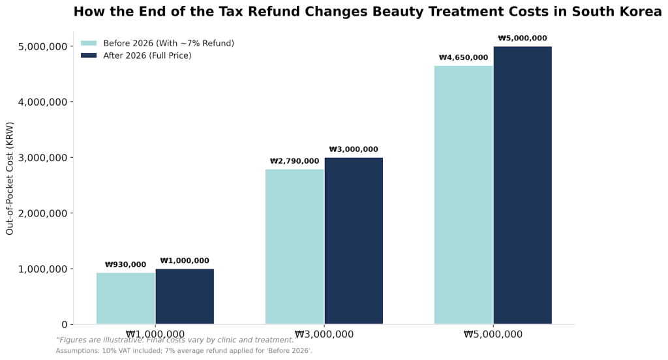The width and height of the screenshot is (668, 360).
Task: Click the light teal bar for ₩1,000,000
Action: click(x=125, y=298)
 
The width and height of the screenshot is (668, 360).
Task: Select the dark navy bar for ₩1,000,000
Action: click(x=185, y=296)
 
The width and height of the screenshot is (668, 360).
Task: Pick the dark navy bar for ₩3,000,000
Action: click(x=354, y=241)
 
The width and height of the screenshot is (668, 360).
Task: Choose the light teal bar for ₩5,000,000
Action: click(x=463, y=195)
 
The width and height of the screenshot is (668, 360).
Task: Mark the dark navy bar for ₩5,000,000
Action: click(x=523, y=185)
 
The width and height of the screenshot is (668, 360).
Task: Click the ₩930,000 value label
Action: click(x=125, y=265)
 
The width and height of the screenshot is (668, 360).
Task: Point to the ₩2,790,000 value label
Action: click(x=294, y=161)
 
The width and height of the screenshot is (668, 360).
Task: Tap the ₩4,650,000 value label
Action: click(x=463, y=57)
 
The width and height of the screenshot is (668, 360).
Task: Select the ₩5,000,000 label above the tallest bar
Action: click(x=523, y=38)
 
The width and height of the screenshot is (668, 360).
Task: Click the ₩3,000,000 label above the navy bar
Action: click(x=354, y=149)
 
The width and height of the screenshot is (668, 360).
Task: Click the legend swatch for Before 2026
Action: click(x=88, y=43)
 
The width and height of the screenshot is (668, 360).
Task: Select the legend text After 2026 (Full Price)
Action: click(x=147, y=56)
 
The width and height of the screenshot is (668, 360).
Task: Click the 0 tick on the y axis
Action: click(x=64, y=324)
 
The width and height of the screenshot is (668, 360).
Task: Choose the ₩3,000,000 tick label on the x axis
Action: click(x=324, y=335)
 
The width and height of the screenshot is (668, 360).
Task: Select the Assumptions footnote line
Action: click(x=184, y=351)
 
